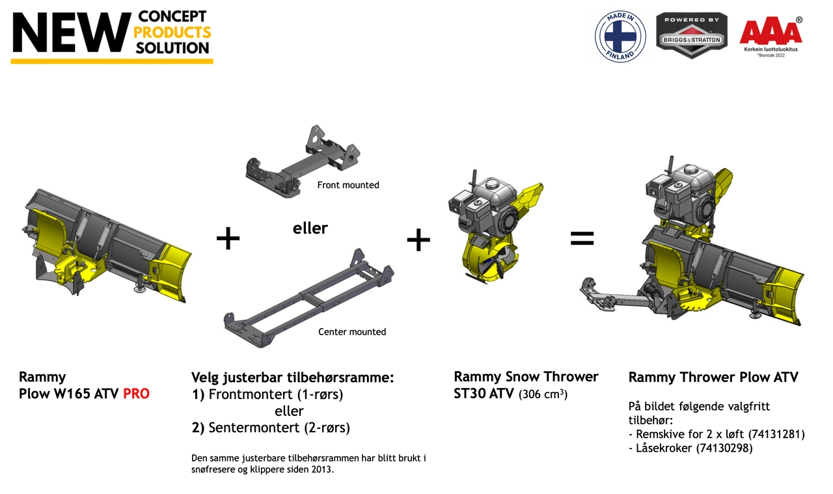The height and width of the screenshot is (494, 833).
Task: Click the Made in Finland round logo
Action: click(x=620, y=36)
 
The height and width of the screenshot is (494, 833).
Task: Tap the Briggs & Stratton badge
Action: click(x=692, y=35)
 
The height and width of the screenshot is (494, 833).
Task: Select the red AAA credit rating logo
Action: click(x=771, y=36)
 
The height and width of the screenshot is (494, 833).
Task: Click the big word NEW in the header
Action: click(x=72, y=33)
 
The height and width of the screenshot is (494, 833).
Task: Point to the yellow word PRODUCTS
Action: click(x=172, y=33)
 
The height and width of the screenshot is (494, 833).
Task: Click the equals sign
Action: click(x=582, y=238)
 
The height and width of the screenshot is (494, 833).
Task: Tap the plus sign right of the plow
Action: click(x=228, y=238)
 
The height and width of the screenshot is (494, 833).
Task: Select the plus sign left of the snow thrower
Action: click(x=418, y=240)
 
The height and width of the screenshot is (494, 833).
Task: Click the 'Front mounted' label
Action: click(x=348, y=185)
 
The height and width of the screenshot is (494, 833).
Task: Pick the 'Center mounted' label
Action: click(x=352, y=331)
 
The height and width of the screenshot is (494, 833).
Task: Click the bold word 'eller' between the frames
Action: click(x=310, y=228)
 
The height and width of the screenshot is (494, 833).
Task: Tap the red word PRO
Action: click(x=136, y=394)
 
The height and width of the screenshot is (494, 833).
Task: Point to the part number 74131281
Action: click(x=776, y=434)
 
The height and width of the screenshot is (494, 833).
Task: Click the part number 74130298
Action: click(x=724, y=448)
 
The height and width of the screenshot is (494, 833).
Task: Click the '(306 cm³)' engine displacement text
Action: click(x=543, y=394)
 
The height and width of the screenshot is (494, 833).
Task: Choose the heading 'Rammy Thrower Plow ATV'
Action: click(x=713, y=377)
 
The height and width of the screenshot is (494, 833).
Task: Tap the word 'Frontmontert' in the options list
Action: click(x=251, y=394)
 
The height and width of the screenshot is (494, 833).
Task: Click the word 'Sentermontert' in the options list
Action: click(x=254, y=428)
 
